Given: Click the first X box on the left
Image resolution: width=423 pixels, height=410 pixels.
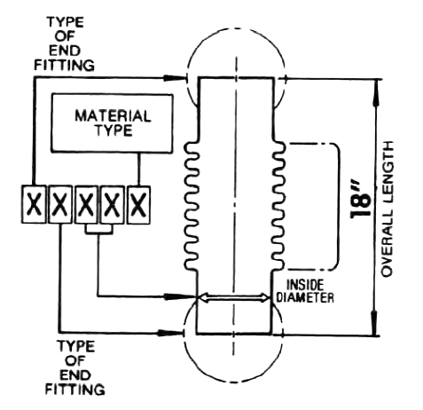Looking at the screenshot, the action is click(34, 204).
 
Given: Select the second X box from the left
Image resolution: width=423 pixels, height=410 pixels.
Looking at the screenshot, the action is click(60, 204).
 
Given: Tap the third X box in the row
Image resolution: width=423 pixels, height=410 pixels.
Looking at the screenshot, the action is click(86, 204).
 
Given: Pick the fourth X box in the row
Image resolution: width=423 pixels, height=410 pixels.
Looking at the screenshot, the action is click(113, 204).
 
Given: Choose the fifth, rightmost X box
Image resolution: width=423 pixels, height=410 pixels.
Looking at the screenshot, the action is click(138, 204).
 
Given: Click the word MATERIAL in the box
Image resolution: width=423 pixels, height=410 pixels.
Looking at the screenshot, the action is click(114, 116).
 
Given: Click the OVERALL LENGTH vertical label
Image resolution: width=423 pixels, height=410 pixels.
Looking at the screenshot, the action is click(388, 209).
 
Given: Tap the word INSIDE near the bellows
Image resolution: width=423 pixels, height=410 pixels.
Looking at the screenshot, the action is click(305, 285).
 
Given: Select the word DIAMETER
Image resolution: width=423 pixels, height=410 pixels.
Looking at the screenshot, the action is click(305, 297).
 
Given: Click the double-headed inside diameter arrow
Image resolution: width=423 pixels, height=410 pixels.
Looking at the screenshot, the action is click(234, 297).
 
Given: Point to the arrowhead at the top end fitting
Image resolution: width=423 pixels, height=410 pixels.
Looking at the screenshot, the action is click(175, 78).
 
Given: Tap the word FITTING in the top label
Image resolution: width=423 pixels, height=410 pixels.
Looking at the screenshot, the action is click(65, 65).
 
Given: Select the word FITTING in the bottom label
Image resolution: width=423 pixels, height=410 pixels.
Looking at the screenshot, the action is click(75, 389).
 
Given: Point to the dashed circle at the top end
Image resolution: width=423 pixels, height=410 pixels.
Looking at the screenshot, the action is click(237, 28).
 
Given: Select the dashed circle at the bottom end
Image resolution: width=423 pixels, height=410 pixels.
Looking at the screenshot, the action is click(233, 382).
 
